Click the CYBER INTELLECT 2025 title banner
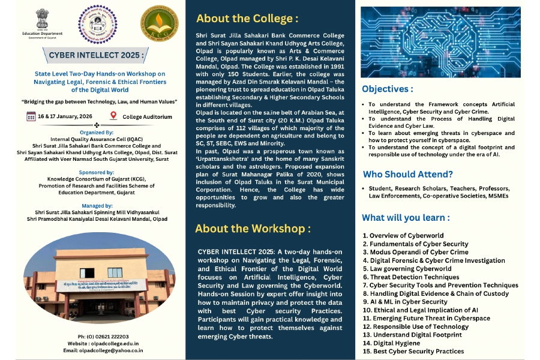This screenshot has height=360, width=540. [97, 56]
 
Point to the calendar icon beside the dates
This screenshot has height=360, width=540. [31, 116]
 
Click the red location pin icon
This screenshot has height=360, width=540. [114, 116]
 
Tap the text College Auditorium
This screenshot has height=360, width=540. [147, 117]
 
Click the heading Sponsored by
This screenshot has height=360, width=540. [97, 171]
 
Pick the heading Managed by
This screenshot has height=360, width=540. [97, 206]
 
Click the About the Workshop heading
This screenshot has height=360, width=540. [253, 229]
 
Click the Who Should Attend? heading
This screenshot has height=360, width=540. [407, 175]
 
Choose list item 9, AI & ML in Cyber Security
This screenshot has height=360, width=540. [405, 302]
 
